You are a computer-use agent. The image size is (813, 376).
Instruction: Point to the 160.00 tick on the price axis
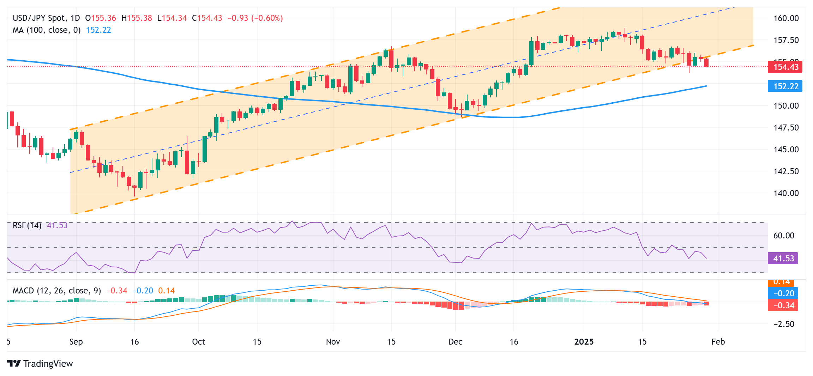pos(786,18)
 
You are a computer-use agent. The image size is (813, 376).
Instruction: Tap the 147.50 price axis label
pos(786,128)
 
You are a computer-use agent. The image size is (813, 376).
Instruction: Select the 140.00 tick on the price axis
pos(786,193)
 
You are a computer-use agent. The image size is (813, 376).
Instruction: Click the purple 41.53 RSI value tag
pos(783,259)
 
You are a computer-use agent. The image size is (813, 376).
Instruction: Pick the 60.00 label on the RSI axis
pos(784,236)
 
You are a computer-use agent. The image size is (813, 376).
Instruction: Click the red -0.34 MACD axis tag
pos(783,305)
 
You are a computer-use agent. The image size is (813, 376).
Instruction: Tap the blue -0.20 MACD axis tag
pos(783,293)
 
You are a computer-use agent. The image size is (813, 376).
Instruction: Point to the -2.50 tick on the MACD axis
pos(784,324)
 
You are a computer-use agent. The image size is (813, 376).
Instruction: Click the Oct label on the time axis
pos(198,342)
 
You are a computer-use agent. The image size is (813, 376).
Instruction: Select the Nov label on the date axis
pos(333,342)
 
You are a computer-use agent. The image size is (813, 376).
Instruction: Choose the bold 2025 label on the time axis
pos(584,342)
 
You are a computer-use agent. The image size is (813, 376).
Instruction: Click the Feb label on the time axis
pos(718,342)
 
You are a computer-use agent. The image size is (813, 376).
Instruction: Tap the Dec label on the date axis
pos(455,342)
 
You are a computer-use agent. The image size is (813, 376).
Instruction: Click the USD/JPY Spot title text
pos(39,18)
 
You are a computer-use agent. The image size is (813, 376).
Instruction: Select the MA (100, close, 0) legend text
pos(47,30)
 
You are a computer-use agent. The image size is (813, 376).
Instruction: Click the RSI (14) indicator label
pos(27,225)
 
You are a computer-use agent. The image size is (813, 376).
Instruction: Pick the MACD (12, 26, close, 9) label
pos(57,291)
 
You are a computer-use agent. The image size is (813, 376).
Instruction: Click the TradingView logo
pos(40,364)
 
